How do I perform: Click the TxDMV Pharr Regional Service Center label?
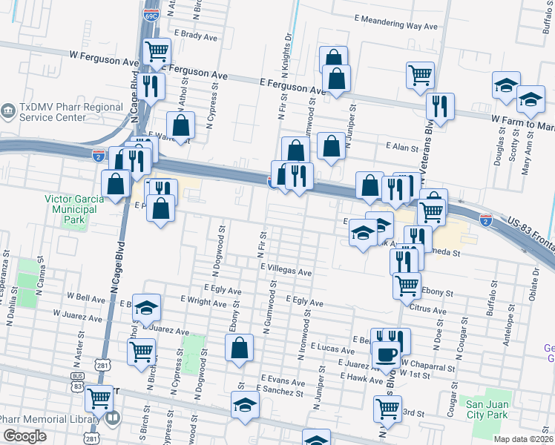click(x=71, y=112)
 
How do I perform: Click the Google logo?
click(x=24, y=436)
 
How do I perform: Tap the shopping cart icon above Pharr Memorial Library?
click(x=99, y=398)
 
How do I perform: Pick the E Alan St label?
click(x=402, y=148)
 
